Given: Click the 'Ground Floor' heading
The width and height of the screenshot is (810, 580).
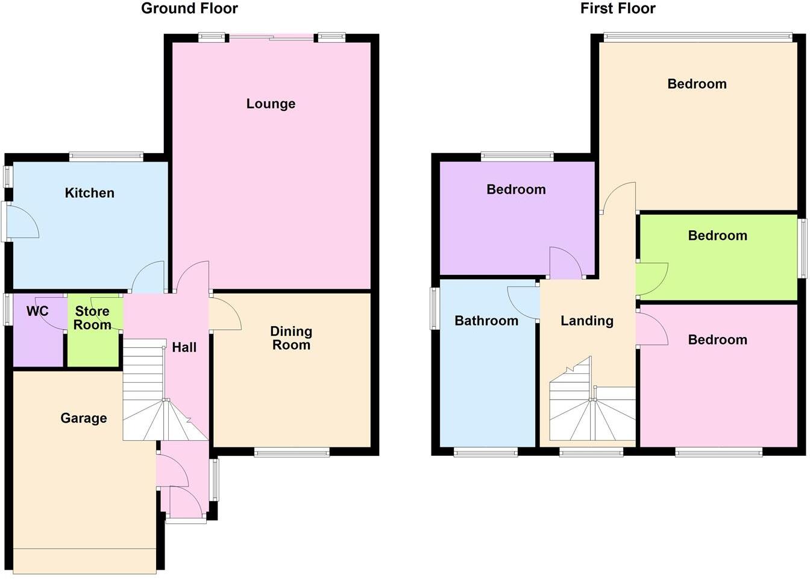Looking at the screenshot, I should [189, 8].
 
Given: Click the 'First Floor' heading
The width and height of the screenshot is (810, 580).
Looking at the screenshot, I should [617, 8].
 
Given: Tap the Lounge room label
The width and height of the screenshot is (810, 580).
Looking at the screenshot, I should [271, 104].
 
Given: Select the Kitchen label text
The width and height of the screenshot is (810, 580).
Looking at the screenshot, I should [89, 193].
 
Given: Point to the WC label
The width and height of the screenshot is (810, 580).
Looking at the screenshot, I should [37, 312].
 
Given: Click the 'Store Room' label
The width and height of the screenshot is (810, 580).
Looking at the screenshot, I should [92, 318].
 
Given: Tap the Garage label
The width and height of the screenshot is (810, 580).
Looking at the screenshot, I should [84, 418].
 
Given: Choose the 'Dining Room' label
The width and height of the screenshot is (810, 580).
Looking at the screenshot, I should [290, 338].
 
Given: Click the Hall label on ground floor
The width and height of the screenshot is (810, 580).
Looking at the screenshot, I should [184, 347].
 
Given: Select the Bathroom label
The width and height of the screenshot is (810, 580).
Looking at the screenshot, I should [486, 321].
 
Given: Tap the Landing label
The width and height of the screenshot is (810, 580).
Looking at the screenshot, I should [586, 321].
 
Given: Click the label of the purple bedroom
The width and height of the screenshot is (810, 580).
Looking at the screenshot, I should [516, 189].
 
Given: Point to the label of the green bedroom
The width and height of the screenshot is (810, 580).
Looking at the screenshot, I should [717, 236].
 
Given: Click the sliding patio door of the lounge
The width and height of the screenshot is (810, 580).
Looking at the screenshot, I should [271, 39].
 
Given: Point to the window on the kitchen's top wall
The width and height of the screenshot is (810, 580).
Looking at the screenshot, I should [106, 157].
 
